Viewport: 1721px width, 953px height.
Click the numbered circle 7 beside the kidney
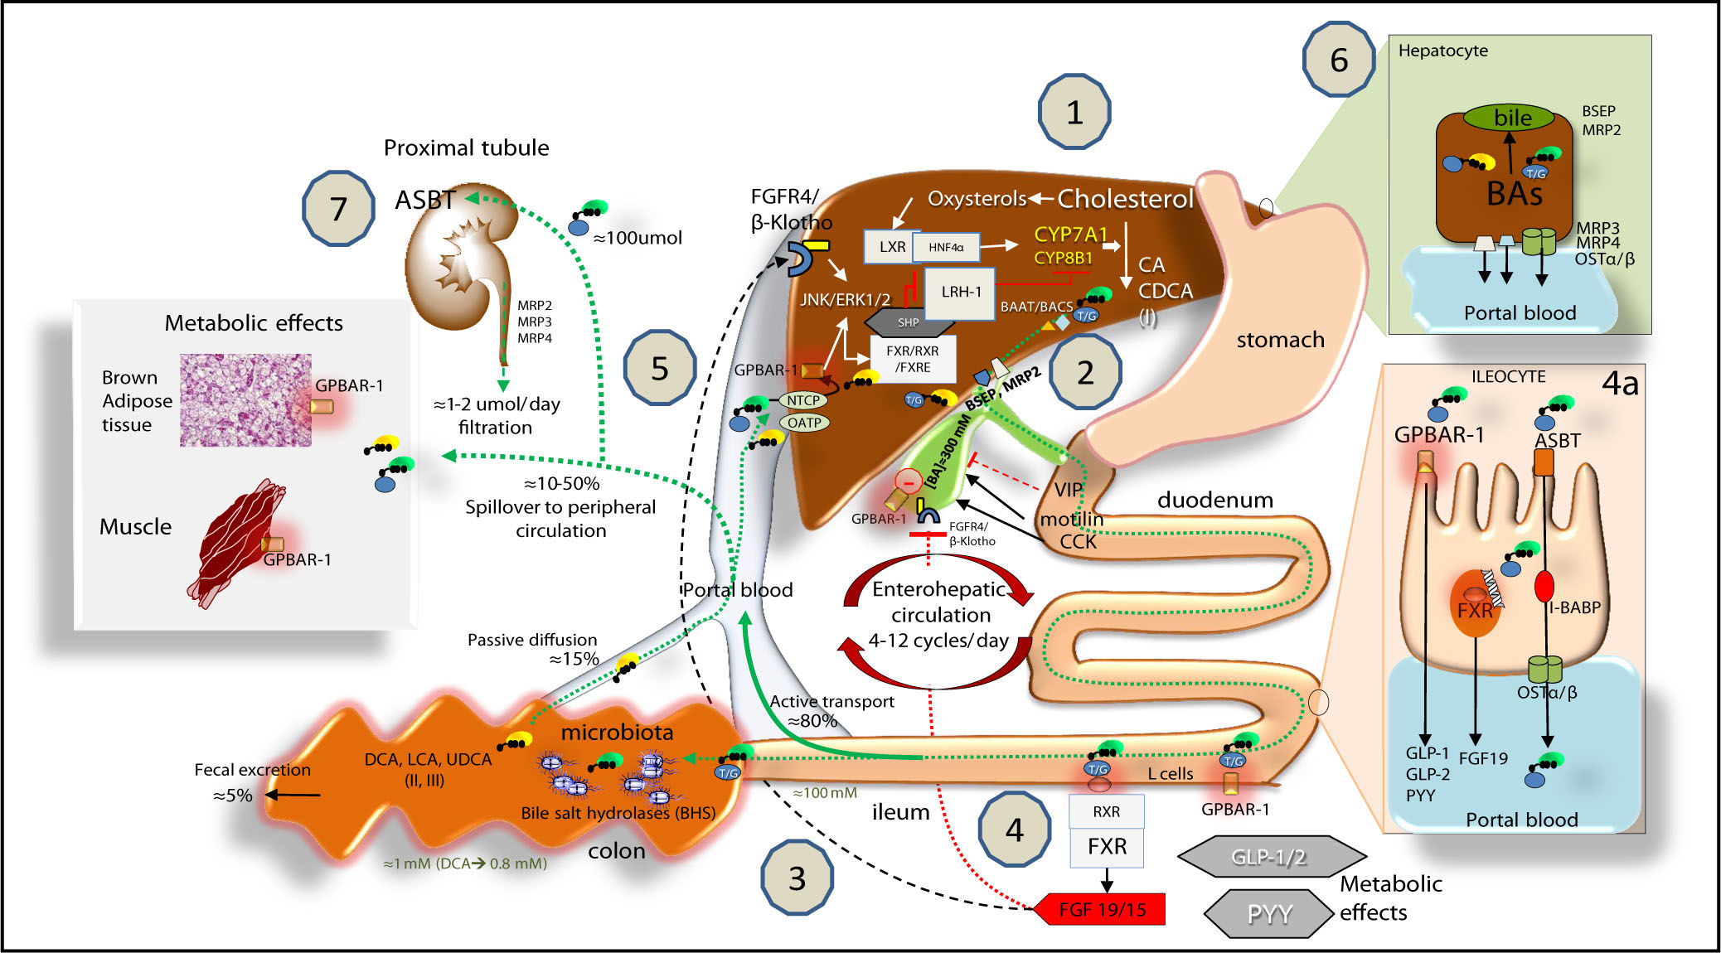pyautogui.click(x=338, y=209)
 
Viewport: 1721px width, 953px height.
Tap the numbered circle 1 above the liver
pyautogui.click(x=1074, y=112)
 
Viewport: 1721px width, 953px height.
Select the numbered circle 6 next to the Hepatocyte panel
pyautogui.click(x=1339, y=60)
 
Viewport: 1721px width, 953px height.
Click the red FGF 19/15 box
pyautogui.click(x=1100, y=909)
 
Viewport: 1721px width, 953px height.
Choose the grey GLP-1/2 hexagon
pyautogui.click(x=1269, y=856)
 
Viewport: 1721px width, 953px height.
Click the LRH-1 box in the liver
pyautogui.click(x=960, y=293)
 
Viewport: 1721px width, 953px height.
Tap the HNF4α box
pyautogui.click(x=946, y=247)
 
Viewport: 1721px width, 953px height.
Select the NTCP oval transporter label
pyautogui.click(x=803, y=400)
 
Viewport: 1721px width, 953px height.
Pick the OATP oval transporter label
pyautogui.click(x=804, y=423)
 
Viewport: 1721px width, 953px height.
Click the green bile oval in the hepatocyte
pyautogui.click(x=1509, y=118)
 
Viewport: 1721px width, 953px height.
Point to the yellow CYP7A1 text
pyautogui.click(x=1070, y=235)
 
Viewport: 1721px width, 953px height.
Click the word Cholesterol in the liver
pyautogui.click(x=1125, y=199)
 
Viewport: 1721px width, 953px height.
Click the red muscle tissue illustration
pyautogui.click(x=237, y=543)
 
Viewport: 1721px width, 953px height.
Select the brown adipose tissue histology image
pyautogui.click(x=245, y=400)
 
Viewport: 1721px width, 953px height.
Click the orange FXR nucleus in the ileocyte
pyautogui.click(x=1475, y=602)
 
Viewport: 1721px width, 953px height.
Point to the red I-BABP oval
pyautogui.click(x=1544, y=586)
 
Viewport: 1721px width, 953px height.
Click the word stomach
pyautogui.click(x=1280, y=340)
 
